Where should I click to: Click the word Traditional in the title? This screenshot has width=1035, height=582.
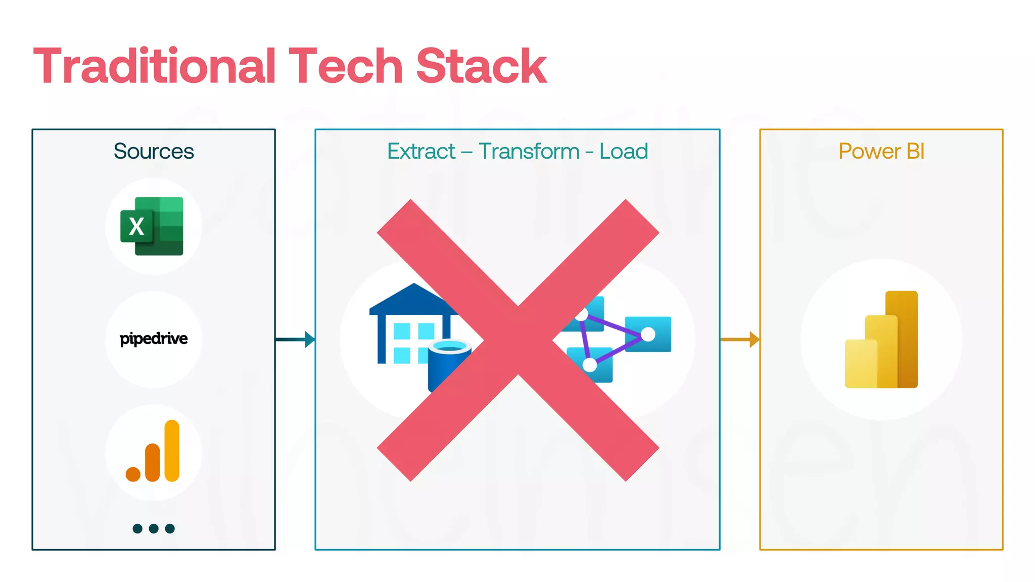[x=155, y=66]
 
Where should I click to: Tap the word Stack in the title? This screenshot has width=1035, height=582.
[x=481, y=66]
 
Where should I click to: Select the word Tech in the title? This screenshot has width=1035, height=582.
[x=346, y=66]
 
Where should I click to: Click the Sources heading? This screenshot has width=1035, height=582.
[x=154, y=151]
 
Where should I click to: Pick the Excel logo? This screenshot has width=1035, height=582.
[x=152, y=226]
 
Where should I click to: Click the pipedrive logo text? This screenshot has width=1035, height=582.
[x=154, y=338]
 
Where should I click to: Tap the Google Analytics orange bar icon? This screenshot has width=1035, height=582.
[x=153, y=452]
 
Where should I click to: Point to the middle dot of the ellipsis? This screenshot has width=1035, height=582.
[x=154, y=528]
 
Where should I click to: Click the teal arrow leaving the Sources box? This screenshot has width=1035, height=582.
[x=295, y=339]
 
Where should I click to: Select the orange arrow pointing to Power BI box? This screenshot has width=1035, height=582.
[x=739, y=339]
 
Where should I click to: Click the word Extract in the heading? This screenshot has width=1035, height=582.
[x=421, y=151]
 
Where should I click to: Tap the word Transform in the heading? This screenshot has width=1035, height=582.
[x=529, y=151]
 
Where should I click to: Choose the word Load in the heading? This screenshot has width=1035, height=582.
[x=624, y=151]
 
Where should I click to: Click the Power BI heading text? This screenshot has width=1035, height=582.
[x=881, y=151]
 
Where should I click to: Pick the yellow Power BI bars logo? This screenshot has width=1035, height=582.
[x=881, y=339]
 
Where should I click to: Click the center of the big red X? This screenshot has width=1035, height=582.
[x=518, y=339]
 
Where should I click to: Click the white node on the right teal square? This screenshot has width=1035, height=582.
[x=648, y=334]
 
